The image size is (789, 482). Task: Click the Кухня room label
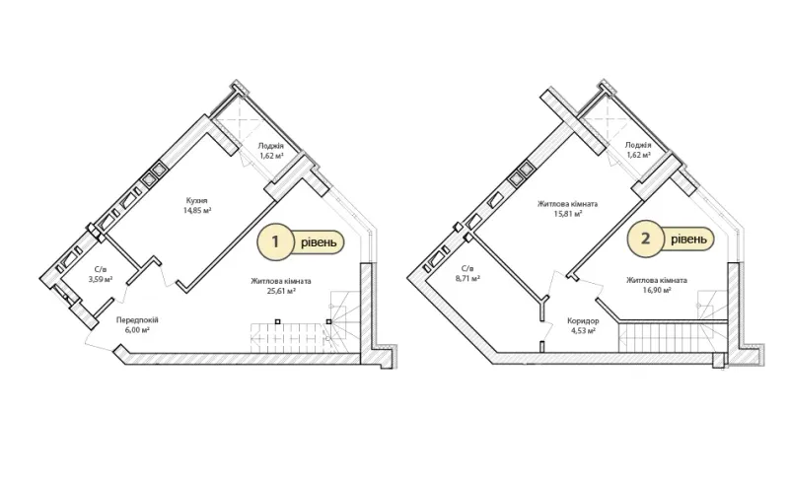pyautogui.click(x=196, y=201)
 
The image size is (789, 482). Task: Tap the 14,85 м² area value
pyautogui.click(x=197, y=211)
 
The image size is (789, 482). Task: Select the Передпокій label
pyautogui.click(x=137, y=320)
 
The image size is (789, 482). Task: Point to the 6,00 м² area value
pyautogui.click(x=137, y=330)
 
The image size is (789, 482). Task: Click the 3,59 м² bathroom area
pyautogui.click(x=101, y=280)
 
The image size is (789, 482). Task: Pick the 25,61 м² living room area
pyautogui.click(x=281, y=291)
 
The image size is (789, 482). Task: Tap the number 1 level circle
pyautogui.click(x=275, y=242)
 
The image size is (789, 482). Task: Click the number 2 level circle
pyautogui.click(x=645, y=239)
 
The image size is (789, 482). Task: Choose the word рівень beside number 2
pyautogui.click(x=688, y=239)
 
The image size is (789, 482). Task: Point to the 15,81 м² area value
pyautogui.click(x=568, y=214)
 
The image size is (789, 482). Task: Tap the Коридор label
pyautogui.click(x=583, y=320)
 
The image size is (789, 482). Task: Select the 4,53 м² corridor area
pyautogui.click(x=583, y=330)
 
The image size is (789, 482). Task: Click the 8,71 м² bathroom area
pyautogui.click(x=466, y=278)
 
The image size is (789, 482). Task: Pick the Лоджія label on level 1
pyautogui.click(x=271, y=146)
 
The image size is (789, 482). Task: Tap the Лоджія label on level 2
pyautogui.click(x=638, y=145)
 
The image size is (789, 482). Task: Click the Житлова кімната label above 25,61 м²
pyautogui.click(x=281, y=281)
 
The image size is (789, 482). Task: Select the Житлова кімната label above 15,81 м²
pyautogui.click(x=568, y=204)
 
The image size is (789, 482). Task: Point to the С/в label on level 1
pyautogui.click(x=101, y=270)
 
